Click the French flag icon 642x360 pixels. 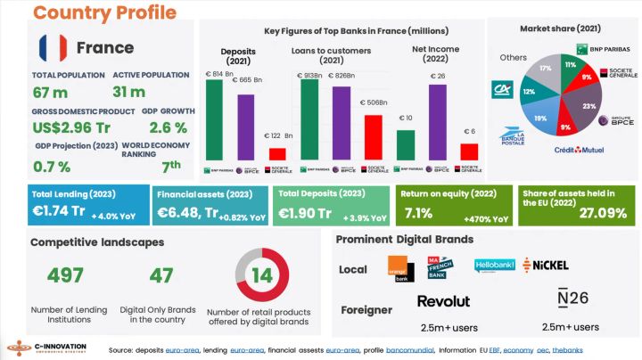point(51,46)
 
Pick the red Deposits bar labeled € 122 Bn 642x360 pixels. point(277,153)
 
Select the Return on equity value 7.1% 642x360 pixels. point(419,213)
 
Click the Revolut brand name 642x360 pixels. point(443,302)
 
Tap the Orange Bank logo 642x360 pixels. point(397,267)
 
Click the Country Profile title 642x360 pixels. point(104,12)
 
